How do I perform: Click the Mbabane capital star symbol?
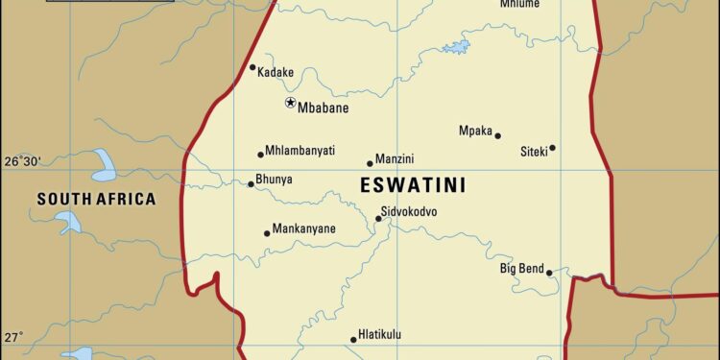pos(290,103)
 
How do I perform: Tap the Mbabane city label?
pos(323,108)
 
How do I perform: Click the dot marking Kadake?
pos(252,67)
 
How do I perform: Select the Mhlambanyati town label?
pos(300,151)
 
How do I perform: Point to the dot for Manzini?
pos(370,163)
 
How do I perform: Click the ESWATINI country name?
pos(413,186)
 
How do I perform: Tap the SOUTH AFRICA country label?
pos(96,200)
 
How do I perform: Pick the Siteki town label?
pos(533,151)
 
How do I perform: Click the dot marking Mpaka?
pos(498,135)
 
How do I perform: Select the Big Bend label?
pos(522,268)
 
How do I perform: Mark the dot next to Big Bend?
pos(549,273)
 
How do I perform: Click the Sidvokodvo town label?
pos(409,211)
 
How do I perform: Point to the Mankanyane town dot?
pos(267,232)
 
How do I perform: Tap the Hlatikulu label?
pos(379,335)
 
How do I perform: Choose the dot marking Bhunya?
pos(252,183)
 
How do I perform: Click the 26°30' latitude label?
pos(22,161)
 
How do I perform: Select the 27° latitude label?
pos(13,337)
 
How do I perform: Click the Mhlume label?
pos(519,4)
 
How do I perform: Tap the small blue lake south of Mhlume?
pos(456,46)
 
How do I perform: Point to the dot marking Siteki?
pos(552,148)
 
